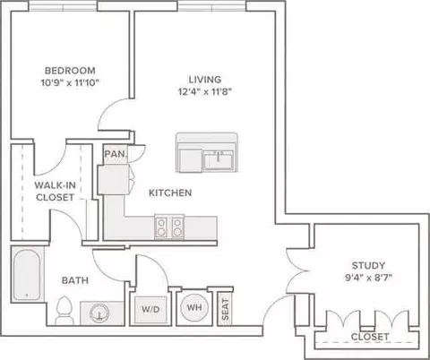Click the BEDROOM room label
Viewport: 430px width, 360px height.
tap(70, 71)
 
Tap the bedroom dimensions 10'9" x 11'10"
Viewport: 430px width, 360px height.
tap(70, 82)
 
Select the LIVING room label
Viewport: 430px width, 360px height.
tap(205, 80)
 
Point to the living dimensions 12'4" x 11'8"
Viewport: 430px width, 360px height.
tap(205, 91)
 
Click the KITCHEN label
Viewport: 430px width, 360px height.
tap(170, 193)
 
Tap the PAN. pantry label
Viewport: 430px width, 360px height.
tap(116, 154)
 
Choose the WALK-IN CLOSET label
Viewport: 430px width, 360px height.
tap(56, 192)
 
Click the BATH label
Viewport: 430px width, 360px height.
tap(75, 280)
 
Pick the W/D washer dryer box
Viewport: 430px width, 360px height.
tap(150, 310)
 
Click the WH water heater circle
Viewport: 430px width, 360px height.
tap(194, 307)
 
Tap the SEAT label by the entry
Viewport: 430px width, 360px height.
tap(226, 310)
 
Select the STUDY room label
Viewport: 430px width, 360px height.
tap(368, 265)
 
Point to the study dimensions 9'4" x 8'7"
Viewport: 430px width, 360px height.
tap(368, 278)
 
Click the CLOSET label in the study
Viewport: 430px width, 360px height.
tap(370, 337)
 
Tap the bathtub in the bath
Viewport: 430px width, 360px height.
tap(27, 275)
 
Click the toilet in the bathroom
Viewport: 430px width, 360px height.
tap(64, 310)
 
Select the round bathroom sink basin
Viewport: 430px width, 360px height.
tap(98, 313)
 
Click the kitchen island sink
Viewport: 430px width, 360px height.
tap(219, 159)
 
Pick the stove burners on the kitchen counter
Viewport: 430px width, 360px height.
tap(169, 227)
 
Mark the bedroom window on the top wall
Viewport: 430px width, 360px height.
tap(63, 6)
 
